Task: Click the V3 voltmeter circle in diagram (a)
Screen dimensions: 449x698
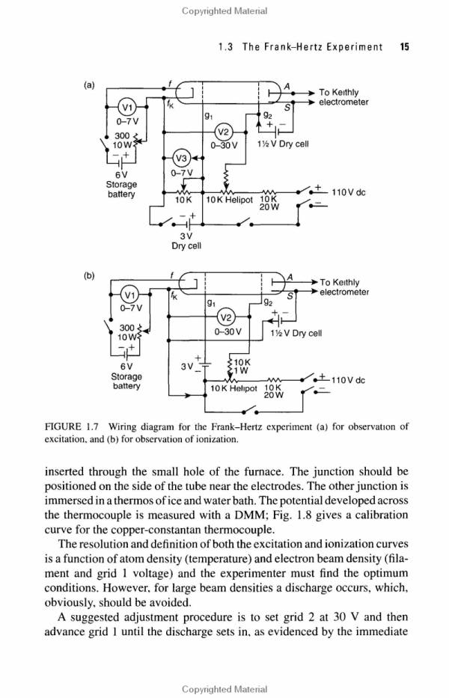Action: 182,158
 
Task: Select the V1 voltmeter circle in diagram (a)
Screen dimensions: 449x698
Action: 127,107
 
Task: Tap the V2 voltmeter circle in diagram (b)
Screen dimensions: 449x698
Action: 226,317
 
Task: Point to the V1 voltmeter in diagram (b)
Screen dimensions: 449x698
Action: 130,294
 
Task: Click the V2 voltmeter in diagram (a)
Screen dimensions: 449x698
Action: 224,132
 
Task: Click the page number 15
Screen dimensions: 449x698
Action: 404,46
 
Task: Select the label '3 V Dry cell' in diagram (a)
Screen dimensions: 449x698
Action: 186,240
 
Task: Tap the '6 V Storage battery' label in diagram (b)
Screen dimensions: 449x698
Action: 126,376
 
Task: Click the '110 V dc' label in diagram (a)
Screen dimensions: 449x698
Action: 348,193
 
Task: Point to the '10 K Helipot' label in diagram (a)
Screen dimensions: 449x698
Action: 230,200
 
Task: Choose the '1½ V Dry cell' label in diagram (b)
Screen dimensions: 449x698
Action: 296,333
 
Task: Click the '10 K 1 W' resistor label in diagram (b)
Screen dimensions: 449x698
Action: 242,367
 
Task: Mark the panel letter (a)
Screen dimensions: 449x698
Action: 90,85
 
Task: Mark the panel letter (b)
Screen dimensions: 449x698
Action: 90,275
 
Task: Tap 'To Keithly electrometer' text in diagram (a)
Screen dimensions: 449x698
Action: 343,97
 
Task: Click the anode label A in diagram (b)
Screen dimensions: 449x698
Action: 290,277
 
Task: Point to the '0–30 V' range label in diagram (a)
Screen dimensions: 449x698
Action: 224,146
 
